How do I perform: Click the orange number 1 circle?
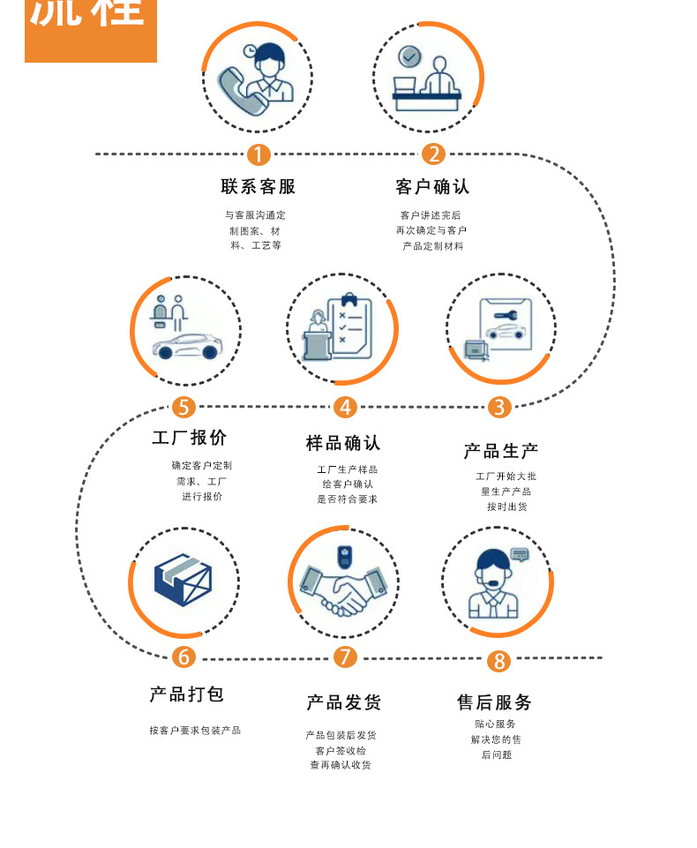tap(258, 154)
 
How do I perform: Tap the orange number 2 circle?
tap(433, 154)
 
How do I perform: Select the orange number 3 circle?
tap(499, 407)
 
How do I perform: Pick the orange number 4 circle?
tap(345, 407)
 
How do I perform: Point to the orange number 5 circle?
tap(184, 407)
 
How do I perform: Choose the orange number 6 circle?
tap(184, 657)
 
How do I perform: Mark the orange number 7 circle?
tap(345, 657)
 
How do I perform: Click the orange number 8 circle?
tap(498, 661)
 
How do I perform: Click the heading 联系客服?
tap(258, 187)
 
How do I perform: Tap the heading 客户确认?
tap(432, 187)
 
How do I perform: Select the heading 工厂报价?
tap(189, 438)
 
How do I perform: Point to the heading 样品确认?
tap(343, 443)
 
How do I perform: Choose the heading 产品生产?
tap(500, 451)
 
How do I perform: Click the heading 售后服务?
tap(494, 702)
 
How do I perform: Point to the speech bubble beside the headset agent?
tap(520, 554)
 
